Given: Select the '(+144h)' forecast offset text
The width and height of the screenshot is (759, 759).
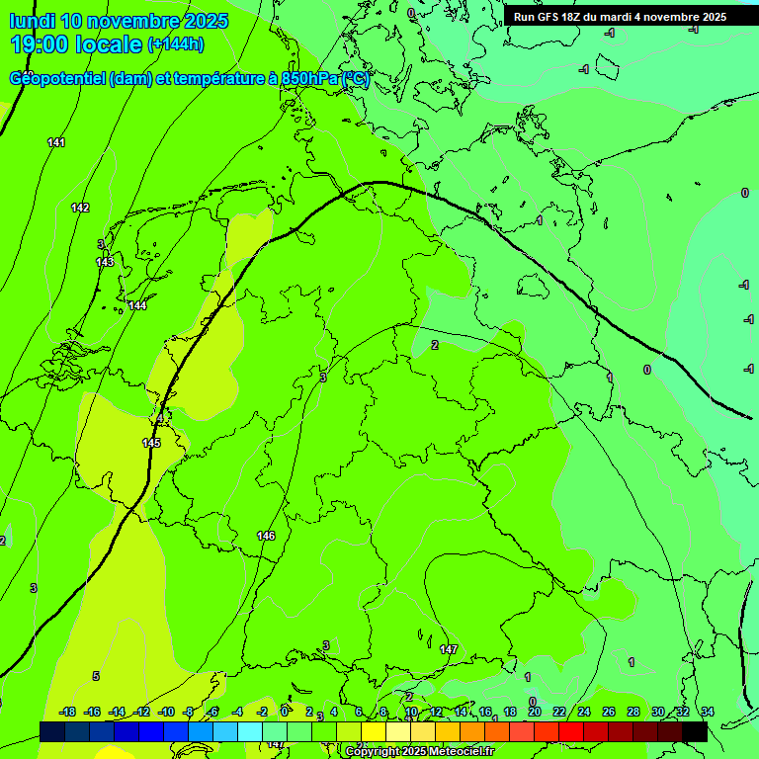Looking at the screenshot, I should (175, 44).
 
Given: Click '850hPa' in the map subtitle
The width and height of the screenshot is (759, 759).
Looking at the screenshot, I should (310, 79).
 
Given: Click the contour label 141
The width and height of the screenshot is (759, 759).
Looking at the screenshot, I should (56, 143).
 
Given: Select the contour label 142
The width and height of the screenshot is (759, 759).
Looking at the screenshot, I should (80, 208).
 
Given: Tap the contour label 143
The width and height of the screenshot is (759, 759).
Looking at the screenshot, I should (105, 262).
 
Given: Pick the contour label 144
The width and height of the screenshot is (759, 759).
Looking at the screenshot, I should (137, 305).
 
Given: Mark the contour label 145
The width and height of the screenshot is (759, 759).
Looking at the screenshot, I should (151, 443).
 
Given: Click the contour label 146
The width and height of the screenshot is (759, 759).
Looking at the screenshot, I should (266, 536).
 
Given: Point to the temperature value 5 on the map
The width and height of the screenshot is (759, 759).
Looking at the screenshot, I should (96, 676).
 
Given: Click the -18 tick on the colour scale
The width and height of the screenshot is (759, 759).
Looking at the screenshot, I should (68, 712).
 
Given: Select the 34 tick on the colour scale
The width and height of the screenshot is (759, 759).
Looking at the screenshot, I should (708, 712).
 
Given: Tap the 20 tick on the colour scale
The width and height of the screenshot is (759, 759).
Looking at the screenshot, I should (534, 712).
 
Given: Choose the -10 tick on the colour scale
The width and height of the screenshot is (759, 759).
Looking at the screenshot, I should (166, 712).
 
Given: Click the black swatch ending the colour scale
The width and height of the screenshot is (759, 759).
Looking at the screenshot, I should (695, 731).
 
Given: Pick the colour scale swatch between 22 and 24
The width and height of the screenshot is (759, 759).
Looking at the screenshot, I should (571, 731).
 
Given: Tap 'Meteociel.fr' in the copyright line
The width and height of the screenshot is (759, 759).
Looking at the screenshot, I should (458, 752).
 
